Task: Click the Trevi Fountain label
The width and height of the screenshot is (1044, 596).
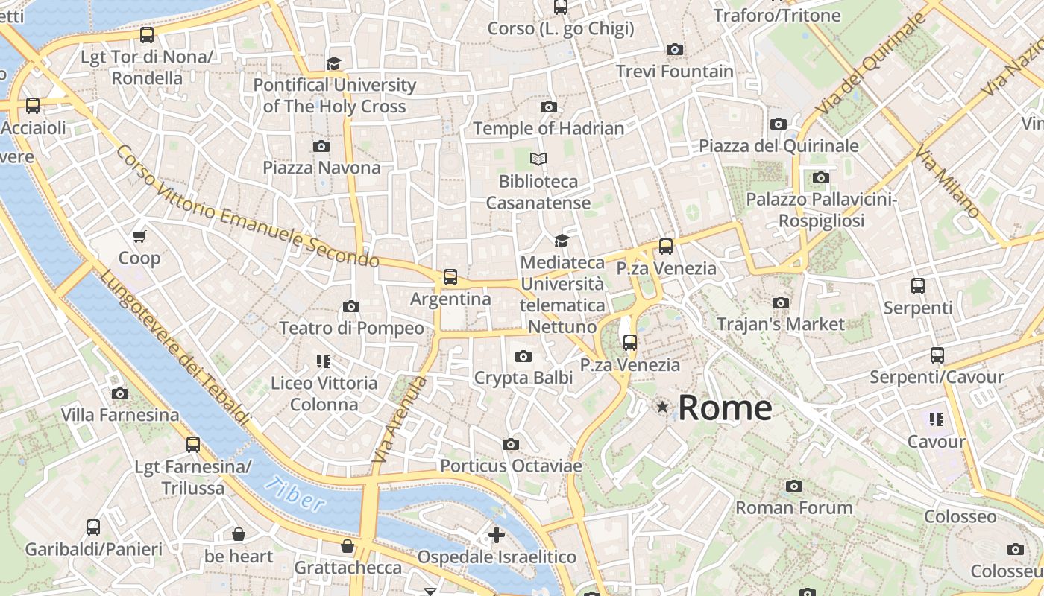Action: pos(674,72)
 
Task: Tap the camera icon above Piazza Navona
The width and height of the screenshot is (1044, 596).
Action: pos(321,146)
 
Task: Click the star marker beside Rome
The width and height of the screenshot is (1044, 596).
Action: pos(661,407)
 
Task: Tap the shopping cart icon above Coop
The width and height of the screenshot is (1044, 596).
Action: pos(139,237)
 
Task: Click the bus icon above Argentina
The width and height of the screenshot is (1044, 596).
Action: pos(450,277)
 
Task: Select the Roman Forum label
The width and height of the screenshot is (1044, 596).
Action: pos(794,508)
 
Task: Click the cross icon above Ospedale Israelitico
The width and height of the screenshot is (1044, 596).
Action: pos(497,535)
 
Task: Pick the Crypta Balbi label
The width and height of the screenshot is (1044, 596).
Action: pos(523,378)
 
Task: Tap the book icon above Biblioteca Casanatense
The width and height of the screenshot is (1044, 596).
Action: pos(538,159)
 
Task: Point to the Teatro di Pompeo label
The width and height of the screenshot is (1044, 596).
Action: pos(351,328)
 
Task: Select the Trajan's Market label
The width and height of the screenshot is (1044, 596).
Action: pos(780,324)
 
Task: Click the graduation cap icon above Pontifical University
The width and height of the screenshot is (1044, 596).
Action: pos(333,63)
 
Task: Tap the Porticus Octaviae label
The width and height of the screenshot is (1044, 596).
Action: pos(511,466)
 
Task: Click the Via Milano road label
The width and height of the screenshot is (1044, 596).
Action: pos(947,183)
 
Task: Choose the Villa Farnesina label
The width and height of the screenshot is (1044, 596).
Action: pos(120,415)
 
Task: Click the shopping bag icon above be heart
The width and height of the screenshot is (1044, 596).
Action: pos(239,534)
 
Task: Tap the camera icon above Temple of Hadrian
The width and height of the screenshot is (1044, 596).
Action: pos(549,107)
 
